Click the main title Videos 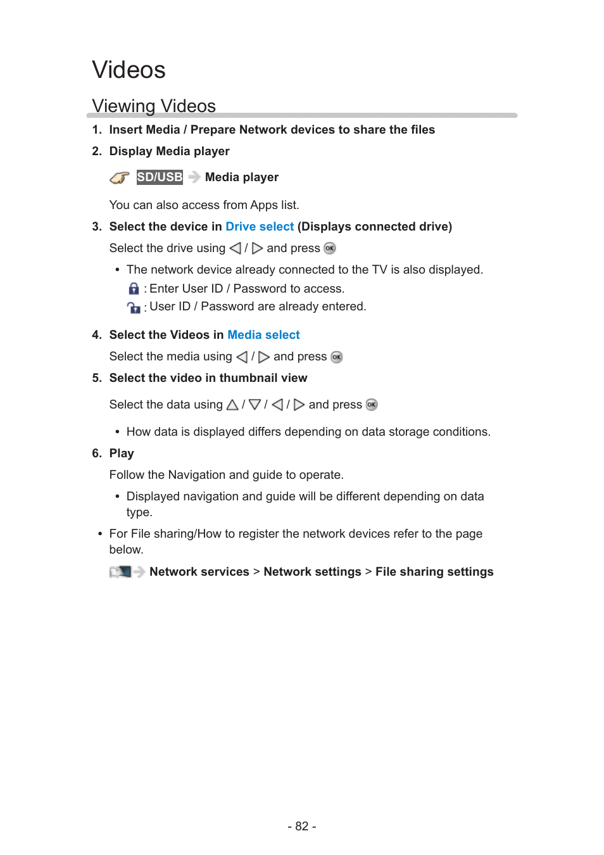(x=129, y=70)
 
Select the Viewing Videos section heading (x=154, y=106)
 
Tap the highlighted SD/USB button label (x=160, y=177)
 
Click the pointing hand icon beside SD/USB (x=119, y=178)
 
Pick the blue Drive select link (x=260, y=227)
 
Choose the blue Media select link (x=263, y=335)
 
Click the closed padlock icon (x=134, y=289)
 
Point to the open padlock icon (x=134, y=308)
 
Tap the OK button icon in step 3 (x=330, y=248)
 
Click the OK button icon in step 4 (x=337, y=357)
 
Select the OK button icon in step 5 (x=372, y=405)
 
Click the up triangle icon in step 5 (x=232, y=405)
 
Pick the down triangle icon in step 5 (x=255, y=405)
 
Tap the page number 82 (x=302, y=826)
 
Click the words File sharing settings (x=434, y=572)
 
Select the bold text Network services (x=199, y=572)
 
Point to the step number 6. (x=96, y=453)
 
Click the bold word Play (x=122, y=453)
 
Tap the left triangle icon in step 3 (x=236, y=248)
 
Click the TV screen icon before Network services (x=120, y=572)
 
